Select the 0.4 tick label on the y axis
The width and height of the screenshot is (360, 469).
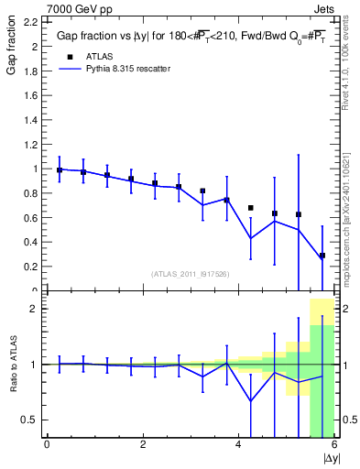tap(30, 242)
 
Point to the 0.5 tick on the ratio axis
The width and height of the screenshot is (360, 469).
tap(30, 420)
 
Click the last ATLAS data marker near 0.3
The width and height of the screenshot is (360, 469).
tap(322, 256)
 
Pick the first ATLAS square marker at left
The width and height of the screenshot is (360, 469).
tap(60, 169)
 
